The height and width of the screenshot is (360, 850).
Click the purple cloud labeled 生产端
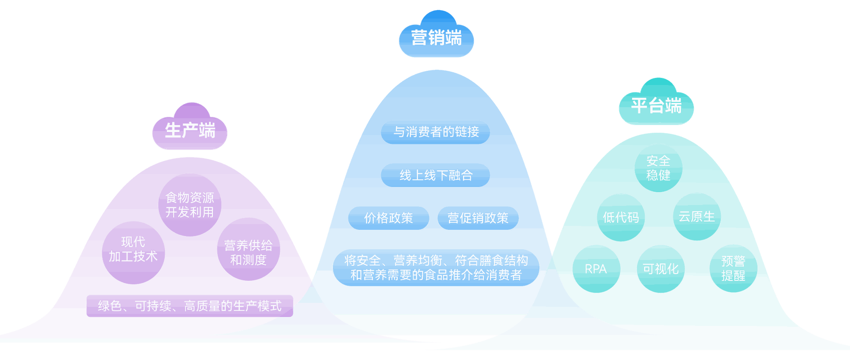pos(190,128)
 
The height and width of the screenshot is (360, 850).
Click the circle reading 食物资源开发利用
pos(189,205)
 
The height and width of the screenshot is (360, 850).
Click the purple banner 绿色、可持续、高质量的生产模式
pos(189,306)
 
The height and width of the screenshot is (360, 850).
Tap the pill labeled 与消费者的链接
pos(436,132)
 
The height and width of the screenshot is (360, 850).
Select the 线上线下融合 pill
pos(436,175)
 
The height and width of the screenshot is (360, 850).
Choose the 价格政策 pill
pos(388,218)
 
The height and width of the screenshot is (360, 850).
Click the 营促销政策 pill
pos(478,218)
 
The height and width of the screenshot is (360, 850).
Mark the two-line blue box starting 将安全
pos(436,268)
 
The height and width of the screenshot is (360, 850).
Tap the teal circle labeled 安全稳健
pos(658,168)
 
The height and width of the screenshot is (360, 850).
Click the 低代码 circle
pos(621,217)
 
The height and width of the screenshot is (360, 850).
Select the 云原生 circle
pos(697,217)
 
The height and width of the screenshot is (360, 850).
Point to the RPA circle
pos(596,269)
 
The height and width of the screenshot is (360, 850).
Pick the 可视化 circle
pos(661,269)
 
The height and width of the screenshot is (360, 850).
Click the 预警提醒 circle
pos(733,268)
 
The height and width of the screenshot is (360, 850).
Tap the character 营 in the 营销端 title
pos(419,37)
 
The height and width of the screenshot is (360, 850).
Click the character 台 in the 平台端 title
pos(656,106)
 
